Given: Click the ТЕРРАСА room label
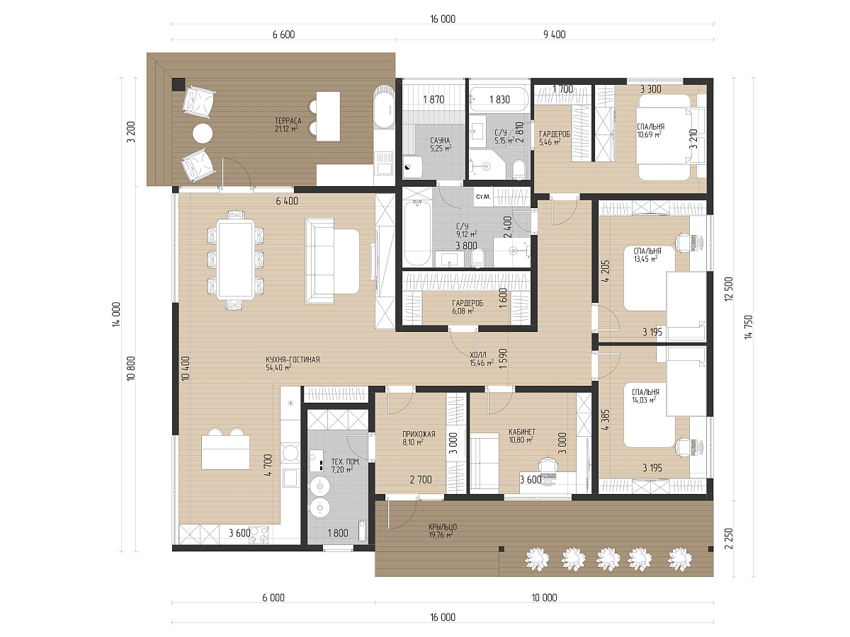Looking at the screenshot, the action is click(x=288, y=121).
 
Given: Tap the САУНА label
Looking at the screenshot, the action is click(x=440, y=140).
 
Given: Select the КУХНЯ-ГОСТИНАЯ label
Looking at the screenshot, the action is click(x=293, y=360).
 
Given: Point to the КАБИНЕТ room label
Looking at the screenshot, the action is click(x=522, y=432).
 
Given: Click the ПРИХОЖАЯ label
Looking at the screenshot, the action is click(x=419, y=434).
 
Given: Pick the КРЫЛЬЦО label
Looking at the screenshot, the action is click(x=443, y=527).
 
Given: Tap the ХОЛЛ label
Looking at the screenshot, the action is click(x=478, y=355).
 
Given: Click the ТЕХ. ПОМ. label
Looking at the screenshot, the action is click(x=346, y=461).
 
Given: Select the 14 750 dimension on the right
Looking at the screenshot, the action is click(x=748, y=327).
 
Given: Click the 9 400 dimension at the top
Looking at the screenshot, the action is click(x=554, y=35).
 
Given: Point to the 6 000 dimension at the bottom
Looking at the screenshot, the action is click(x=273, y=597).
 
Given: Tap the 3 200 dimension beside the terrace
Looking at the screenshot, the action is click(x=131, y=132).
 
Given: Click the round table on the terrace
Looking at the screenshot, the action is click(x=203, y=133).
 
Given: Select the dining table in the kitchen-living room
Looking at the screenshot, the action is click(x=235, y=259).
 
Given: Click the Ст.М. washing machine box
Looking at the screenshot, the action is click(x=483, y=197).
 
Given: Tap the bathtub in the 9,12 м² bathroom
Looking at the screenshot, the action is click(x=417, y=234).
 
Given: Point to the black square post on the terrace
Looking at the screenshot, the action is click(x=178, y=84).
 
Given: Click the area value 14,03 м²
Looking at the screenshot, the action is click(x=644, y=401).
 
